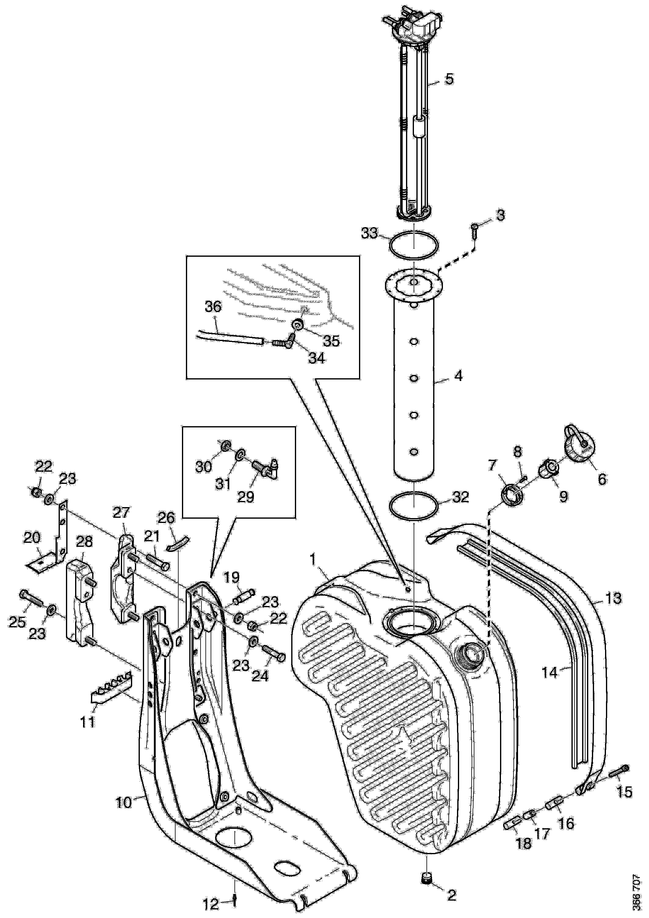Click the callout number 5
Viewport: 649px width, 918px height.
[449, 79]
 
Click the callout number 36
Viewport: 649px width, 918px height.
[213, 307]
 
